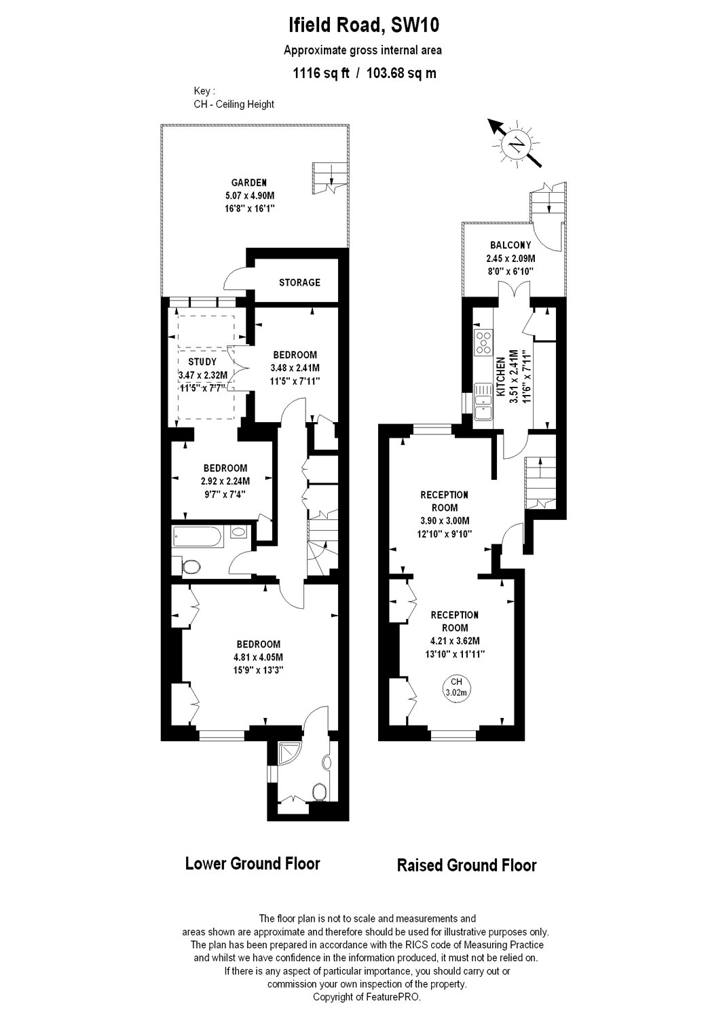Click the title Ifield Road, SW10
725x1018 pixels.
(x=362, y=26)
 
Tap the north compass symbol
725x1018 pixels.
(x=517, y=143)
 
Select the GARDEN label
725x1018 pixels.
(x=248, y=183)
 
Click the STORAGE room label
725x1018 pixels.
(x=299, y=282)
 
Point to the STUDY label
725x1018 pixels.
(x=202, y=362)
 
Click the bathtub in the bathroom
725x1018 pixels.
(x=197, y=536)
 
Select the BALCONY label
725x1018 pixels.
(x=510, y=245)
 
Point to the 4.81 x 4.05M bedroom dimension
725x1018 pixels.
(x=258, y=657)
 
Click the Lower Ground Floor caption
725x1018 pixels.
(x=253, y=864)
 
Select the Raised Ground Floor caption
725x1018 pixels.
(x=466, y=865)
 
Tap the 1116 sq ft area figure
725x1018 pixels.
(x=320, y=73)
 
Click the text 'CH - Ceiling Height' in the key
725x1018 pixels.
(x=234, y=105)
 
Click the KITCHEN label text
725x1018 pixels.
(x=500, y=377)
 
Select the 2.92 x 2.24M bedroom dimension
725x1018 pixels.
(x=225, y=481)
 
